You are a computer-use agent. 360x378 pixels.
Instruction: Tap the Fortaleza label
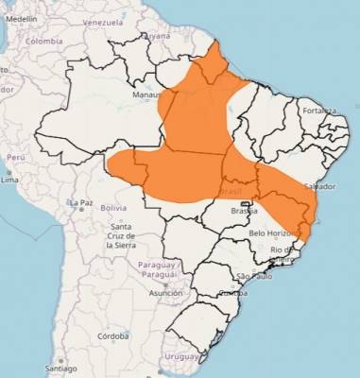click(x=319, y=111)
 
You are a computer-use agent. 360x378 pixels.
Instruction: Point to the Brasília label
click(x=245, y=211)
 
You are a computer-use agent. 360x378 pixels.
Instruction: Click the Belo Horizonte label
click(x=273, y=232)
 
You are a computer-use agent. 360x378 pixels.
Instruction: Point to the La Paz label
click(x=79, y=203)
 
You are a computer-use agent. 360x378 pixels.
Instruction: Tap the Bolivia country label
click(x=113, y=207)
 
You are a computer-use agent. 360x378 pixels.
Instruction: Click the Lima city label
click(x=10, y=179)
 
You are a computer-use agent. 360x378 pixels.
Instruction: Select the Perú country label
click(x=15, y=157)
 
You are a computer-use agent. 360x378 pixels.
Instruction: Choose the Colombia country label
click(x=43, y=42)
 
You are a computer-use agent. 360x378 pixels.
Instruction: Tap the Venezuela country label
click(x=103, y=22)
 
